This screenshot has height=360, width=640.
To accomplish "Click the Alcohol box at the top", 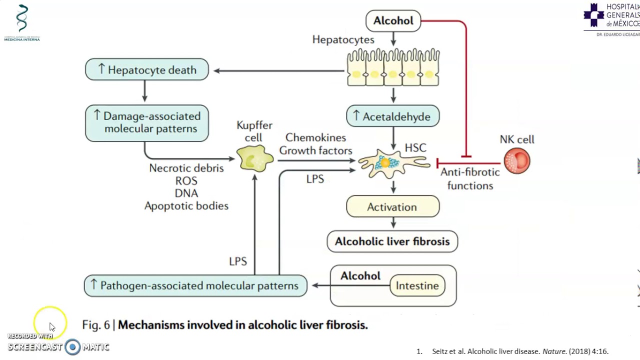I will pos(393,21).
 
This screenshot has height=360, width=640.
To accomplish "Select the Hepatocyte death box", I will pos(147,70).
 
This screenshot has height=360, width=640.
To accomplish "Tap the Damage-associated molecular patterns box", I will pos(147,123).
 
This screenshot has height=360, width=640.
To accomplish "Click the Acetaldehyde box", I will pos(392,116).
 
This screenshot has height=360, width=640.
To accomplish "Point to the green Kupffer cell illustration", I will pos(255,159).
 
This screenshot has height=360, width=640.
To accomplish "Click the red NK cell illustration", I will pos(517,161).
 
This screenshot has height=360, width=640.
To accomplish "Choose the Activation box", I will pos(392,207).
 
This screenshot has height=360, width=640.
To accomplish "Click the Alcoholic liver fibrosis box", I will pos(392,241).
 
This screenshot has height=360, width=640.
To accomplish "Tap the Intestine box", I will pos(417,285).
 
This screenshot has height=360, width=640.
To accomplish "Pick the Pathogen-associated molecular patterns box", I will pos(195,285).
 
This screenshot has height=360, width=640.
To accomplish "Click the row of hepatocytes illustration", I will pos(393,68).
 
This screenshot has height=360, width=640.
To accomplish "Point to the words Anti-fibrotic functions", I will pos(470,179).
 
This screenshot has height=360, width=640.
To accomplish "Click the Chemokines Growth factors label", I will pos(315,144).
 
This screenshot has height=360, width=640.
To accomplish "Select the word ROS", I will pos(186,181).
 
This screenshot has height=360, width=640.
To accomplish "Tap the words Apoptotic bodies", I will pos(186,206).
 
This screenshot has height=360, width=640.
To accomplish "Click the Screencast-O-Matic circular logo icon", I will pos(72,347).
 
